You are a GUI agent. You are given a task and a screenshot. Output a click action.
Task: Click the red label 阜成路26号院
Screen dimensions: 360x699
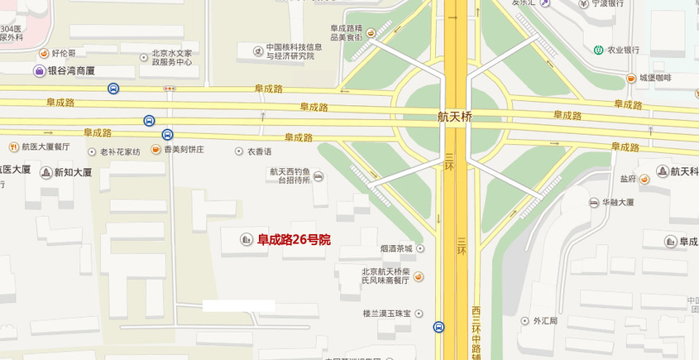coord(294,240)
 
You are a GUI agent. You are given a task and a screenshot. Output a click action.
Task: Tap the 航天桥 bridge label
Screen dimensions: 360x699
coord(455,117)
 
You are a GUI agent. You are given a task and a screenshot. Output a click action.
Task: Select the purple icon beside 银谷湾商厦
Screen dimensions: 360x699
coord(39,71)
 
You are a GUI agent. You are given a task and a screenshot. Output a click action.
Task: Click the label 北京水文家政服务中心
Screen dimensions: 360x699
coord(171,58)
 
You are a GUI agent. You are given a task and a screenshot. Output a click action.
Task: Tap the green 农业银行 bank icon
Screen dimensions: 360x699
coord(597,50)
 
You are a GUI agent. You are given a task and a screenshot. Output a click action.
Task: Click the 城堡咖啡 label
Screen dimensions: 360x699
coord(655,78)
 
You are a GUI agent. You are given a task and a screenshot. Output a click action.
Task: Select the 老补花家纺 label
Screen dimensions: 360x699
coord(120,151)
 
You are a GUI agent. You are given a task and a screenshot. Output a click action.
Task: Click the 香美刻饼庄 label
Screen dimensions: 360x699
coord(183,150)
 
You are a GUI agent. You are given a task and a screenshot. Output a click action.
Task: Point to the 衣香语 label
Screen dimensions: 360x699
coord(259,151)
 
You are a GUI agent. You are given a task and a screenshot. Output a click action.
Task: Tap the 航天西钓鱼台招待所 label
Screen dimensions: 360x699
coord(290,175)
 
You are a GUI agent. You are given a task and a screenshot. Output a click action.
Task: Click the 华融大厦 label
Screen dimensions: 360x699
coord(617,202)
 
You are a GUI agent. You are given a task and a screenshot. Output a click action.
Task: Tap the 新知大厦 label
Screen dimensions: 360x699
coord(73,173)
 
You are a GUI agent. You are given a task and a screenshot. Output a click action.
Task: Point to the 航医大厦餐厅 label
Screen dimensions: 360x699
coord(45,146)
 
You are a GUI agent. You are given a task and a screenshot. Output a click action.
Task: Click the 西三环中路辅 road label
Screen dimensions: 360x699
coord(476,331)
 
